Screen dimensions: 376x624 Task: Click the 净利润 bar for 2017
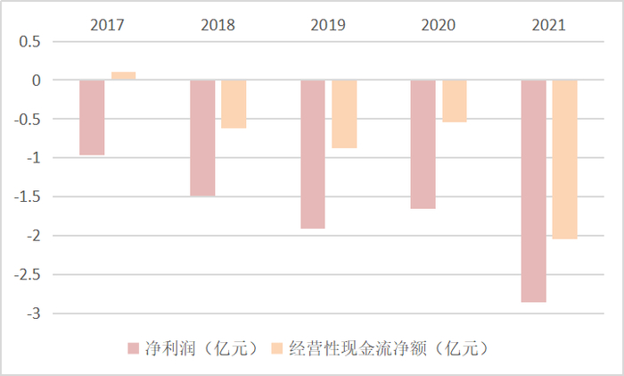92,117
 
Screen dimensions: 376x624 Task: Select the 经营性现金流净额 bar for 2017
123,76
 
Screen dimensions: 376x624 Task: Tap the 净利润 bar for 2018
202,138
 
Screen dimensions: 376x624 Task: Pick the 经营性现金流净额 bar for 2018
234,104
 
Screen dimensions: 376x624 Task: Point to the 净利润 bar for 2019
313,154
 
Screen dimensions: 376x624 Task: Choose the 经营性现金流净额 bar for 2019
344,113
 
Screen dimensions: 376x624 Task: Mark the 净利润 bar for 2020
423,144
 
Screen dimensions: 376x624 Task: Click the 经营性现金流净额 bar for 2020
454,101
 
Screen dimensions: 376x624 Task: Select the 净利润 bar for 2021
533,191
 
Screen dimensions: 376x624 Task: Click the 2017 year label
107,24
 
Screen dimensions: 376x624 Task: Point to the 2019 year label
328,24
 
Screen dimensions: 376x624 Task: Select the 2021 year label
548,24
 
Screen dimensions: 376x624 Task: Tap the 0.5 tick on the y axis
31,41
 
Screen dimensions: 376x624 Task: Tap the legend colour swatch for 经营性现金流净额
275,347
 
